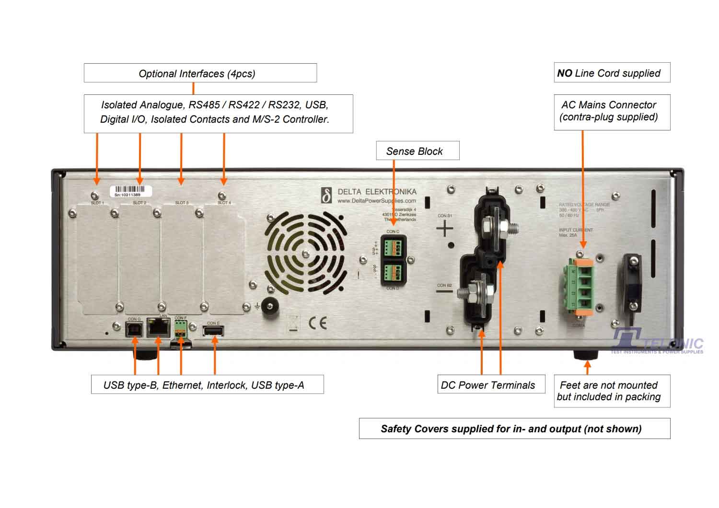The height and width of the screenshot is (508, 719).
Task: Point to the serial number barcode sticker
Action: [x=131, y=191]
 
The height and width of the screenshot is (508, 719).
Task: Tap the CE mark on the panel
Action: [x=317, y=323]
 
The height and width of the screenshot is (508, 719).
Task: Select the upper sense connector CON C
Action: [x=393, y=247]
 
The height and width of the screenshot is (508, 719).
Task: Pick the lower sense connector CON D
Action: [x=393, y=273]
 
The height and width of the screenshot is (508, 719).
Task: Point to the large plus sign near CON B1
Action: [x=445, y=229]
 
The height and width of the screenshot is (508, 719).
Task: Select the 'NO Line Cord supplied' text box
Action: [x=612, y=73]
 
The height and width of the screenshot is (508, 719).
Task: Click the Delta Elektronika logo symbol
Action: [x=326, y=196]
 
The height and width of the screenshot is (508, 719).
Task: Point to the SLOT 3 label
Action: [x=181, y=203]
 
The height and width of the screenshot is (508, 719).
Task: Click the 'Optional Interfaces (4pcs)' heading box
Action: [x=200, y=73]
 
